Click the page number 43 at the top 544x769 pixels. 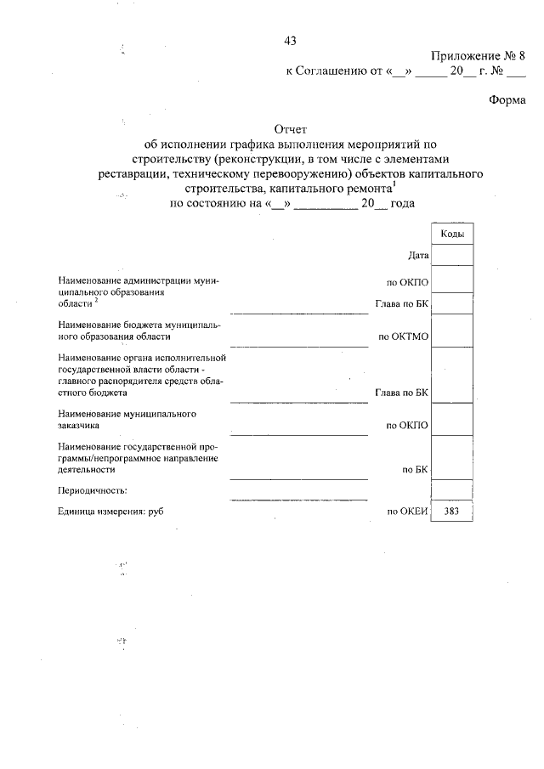click(x=290, y=41)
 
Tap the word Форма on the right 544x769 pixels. click(x=507, y=99)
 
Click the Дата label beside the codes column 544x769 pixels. click(x=417, y=254)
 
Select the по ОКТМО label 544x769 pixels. click(x=404, y=336)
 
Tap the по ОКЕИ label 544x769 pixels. click(x=406, y=512)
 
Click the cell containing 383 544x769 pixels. click(x=451, y=512)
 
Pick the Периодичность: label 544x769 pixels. click(x=93, y=491)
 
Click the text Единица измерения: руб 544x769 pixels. click(x=110, y=512)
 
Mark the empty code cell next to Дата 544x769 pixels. click(x=451, y=254)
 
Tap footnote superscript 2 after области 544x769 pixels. click(x=97, y=300)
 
